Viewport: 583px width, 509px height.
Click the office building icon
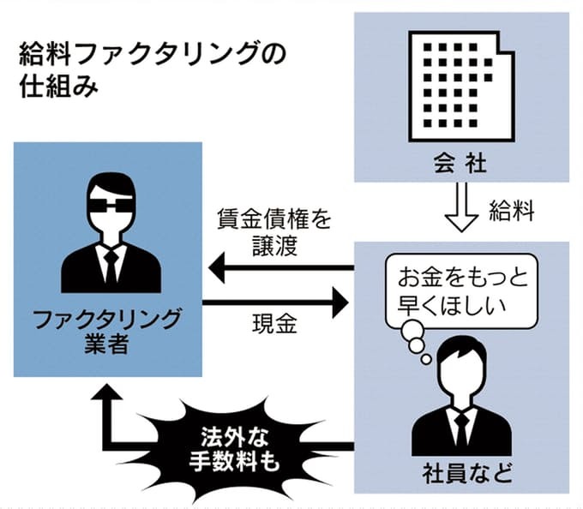(461, 87)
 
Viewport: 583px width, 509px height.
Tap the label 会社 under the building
(460, 164)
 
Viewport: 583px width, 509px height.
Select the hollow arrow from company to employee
(461, 207)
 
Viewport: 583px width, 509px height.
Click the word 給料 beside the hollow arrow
(511, 211)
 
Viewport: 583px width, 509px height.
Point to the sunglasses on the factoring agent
(111, 206)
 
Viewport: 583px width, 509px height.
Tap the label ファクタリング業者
(106, 332)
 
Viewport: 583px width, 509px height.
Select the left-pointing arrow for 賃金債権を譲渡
(281, 267)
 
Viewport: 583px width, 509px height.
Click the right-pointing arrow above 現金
(275, 302)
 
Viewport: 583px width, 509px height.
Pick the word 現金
(274, 324)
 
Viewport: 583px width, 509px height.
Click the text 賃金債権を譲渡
(274, 232)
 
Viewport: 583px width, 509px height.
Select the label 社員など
(467, 473)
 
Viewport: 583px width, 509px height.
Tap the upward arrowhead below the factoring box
(106, 392)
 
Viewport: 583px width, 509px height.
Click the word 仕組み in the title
(59, 87)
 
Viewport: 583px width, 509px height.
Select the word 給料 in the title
(45, 54)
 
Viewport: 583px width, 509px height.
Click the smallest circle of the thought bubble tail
(426, 359)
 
